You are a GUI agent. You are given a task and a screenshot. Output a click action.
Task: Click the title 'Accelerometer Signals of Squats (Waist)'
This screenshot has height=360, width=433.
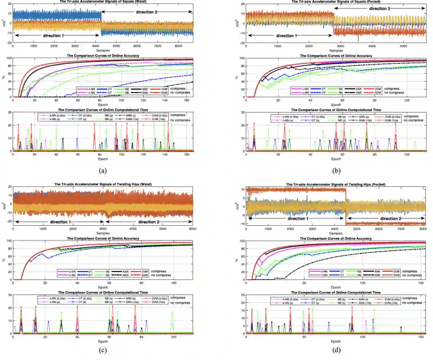(103, 2)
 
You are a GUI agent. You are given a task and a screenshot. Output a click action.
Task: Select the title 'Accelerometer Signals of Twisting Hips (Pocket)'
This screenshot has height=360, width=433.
(336, 184)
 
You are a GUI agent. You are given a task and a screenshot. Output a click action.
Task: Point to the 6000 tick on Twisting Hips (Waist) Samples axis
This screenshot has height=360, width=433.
(192, 229)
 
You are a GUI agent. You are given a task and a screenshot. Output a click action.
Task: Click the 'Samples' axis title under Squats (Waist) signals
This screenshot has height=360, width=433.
(103, 51)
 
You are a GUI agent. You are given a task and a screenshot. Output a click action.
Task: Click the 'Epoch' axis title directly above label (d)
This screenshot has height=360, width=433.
(336, 341)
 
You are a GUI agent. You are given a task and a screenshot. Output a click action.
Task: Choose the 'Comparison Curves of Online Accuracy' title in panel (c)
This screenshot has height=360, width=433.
(103, 238)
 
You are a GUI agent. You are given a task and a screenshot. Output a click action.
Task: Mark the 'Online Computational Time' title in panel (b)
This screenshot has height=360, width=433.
(336, 110)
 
